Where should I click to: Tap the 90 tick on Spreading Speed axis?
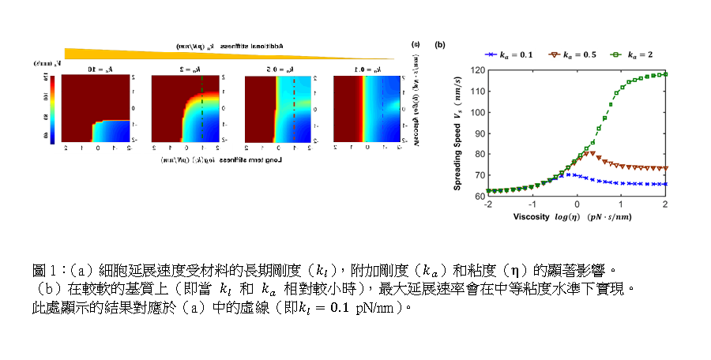(479, 133)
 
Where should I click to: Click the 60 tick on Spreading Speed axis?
(479, 195)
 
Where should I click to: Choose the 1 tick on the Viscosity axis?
(621, 204)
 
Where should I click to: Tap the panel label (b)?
(440, 44)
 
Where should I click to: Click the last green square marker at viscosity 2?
(665, 74)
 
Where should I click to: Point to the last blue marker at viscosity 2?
(665, 184)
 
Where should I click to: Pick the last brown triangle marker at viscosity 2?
(665, 168)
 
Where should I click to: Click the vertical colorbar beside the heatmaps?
(52, 108)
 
